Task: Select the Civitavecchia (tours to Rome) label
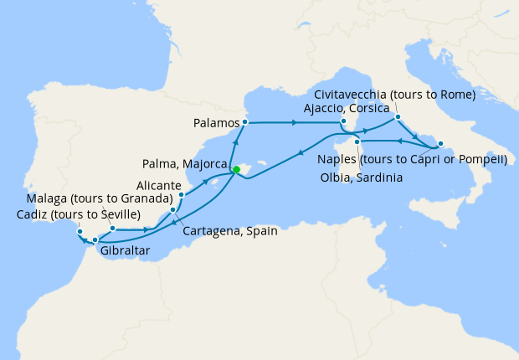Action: coord(395,95)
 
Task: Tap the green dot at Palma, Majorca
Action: coord(236,170)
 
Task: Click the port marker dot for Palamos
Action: coord(244,123)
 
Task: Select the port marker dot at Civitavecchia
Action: coord(398,117)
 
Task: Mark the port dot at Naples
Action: coord(440,144)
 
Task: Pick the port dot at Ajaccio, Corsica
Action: coord(343,123)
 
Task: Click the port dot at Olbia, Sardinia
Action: coord(357,141)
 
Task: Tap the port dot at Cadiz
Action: coord(80,231)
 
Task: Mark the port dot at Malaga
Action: coord(112,228)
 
